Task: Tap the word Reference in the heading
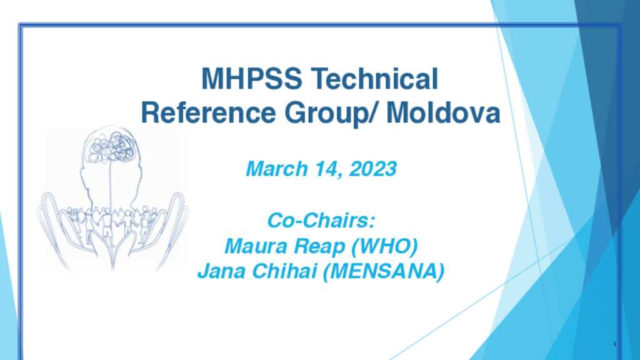click(x=208, y=112)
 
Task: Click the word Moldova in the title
click(x=443, y=112)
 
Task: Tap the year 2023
click(x=373, y=169)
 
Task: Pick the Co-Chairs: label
click(x=321, y=221)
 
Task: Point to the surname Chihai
click(x=284, y=271)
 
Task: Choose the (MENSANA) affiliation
click(x=384, y=272)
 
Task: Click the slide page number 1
click(x=615, y=344)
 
